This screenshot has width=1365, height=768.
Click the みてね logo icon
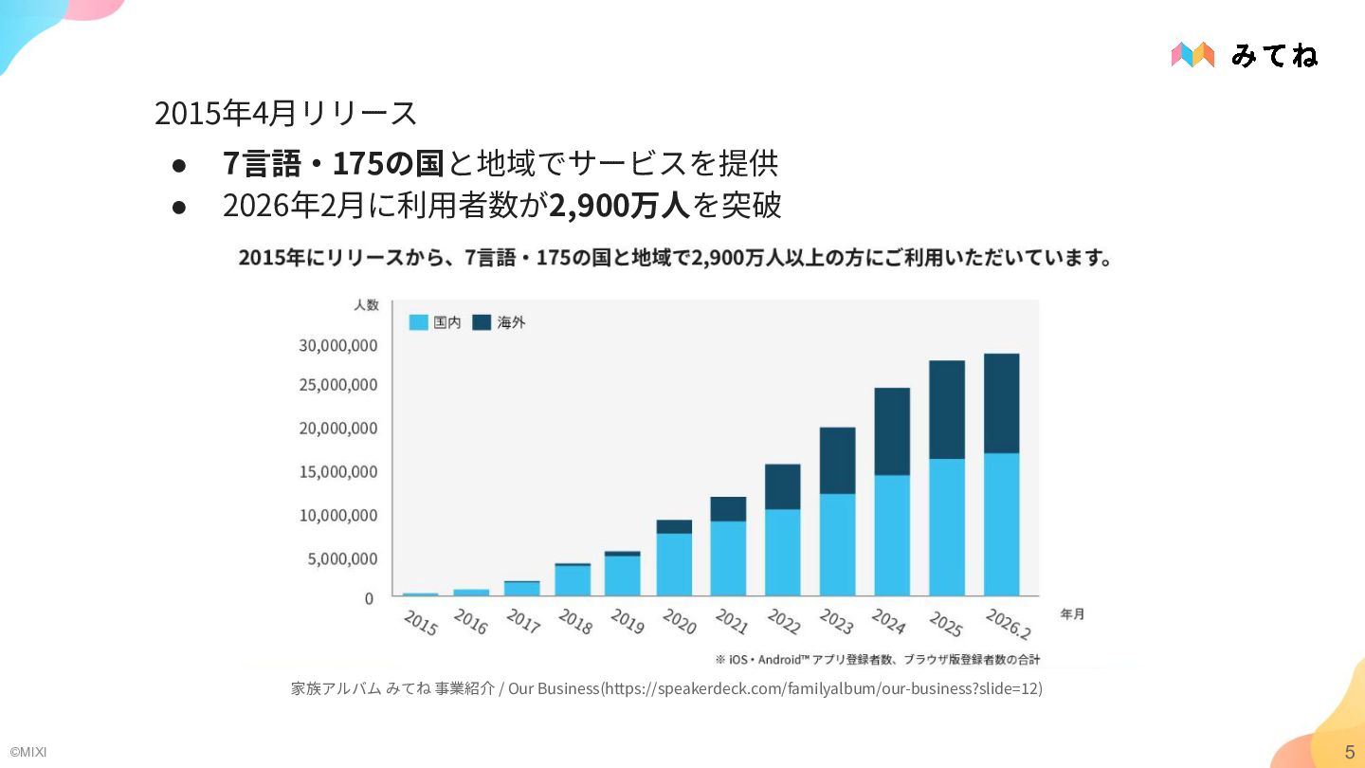(x=1192, y=55)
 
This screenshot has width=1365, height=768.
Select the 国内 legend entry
(x=435, y=322)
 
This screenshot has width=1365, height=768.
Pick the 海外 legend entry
(x=500, y=322)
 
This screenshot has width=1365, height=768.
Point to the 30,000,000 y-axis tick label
(x=338, y=345)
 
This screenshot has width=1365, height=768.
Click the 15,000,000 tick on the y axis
(x=338, y=472)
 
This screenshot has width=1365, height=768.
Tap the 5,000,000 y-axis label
(x=342, y=559)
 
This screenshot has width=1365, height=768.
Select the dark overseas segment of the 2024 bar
(x=892, y=431)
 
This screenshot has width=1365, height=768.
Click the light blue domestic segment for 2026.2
(x=1001, y=524)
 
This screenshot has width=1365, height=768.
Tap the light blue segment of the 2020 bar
(x=674, y=564)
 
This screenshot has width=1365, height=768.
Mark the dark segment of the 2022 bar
(x=782, y=486)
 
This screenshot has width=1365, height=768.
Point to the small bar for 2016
(x=471, y=592)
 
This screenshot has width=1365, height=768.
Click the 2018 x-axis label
(x=574, y=622)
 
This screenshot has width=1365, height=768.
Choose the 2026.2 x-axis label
(x=1008, y=624)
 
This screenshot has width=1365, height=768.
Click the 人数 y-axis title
(x=366, y=304)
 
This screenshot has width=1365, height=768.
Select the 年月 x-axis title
(x=1072, y=614)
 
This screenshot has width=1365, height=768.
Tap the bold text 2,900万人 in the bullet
(x=620, y=205)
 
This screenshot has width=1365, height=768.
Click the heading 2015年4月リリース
(x=285, y=113)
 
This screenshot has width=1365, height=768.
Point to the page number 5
(x=1349, y=752)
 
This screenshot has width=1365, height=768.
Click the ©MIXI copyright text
(x=27, y=752)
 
